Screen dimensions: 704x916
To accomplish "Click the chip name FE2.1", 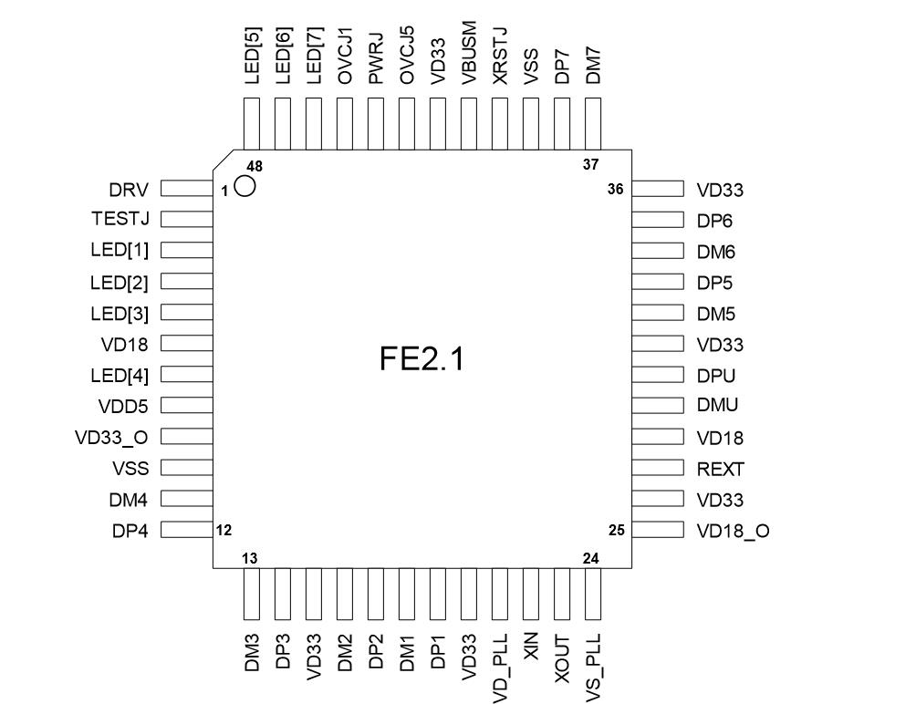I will point(422,358).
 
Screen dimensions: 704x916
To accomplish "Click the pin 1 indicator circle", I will point(245,187).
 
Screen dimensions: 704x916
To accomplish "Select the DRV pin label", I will point(129,189).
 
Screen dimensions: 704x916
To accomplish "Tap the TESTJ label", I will point(120,220).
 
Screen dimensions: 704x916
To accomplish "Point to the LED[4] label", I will point(120,375).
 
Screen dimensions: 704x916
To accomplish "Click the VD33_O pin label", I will point(111,437).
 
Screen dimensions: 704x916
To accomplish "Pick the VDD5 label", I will point(124,406).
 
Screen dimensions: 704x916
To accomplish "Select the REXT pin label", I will point(721,470).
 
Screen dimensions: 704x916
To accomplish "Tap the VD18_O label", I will point(733,531).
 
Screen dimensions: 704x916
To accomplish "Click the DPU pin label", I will point(716,376).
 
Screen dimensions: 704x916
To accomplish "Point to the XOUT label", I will point(562,656).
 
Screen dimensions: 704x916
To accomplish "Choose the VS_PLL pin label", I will point(593,661).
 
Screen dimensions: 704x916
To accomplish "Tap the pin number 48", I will point(254,166).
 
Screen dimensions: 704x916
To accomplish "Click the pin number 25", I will point(616,530).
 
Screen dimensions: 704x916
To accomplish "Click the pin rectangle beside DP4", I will point(187,530).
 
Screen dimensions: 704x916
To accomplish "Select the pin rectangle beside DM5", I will point(657,313).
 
